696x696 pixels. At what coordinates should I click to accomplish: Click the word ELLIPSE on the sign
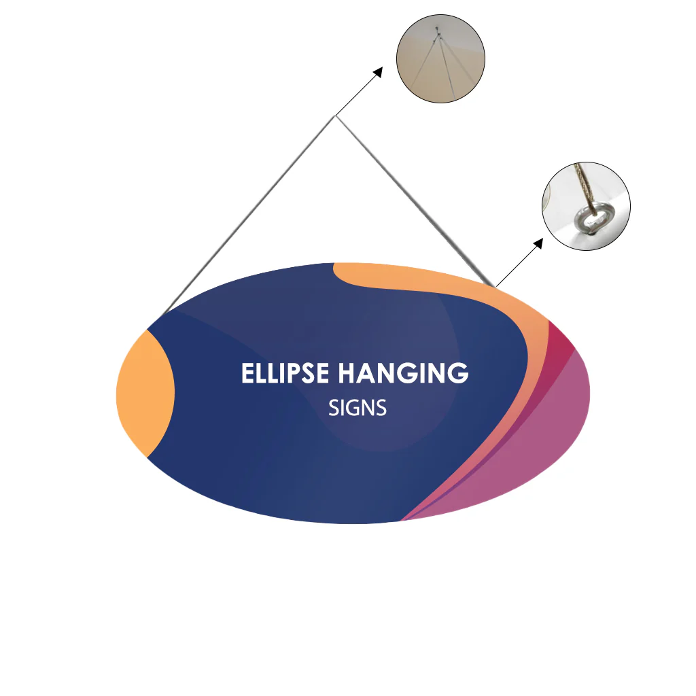click(x=285, y=373)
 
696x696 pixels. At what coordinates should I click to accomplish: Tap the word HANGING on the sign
click(x=404, y=373)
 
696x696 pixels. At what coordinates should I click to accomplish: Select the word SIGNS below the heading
click(x=358, y=408)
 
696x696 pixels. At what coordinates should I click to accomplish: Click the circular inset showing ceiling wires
click(x=440, y=58)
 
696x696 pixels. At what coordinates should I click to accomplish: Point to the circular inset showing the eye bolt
click(x=586, y=206)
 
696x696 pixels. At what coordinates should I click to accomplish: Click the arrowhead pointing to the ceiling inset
click(x=377, y=72)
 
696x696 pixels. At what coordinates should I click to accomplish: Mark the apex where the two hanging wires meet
click(x=335, y=116)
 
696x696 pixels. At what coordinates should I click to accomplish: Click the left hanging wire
click(x=249, y=215)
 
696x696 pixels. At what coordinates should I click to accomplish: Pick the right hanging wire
click(x=415, y=201)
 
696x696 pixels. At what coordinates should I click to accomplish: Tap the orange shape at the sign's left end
click(x=145, y=394)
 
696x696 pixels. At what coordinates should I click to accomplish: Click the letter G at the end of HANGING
click(x=457, y=373)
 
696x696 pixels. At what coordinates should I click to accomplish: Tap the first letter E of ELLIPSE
click(x=247, y=373)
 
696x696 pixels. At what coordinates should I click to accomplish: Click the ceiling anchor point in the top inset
click(x=437, y=31)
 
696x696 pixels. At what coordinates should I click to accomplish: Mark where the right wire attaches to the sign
click(x=493, y=285)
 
